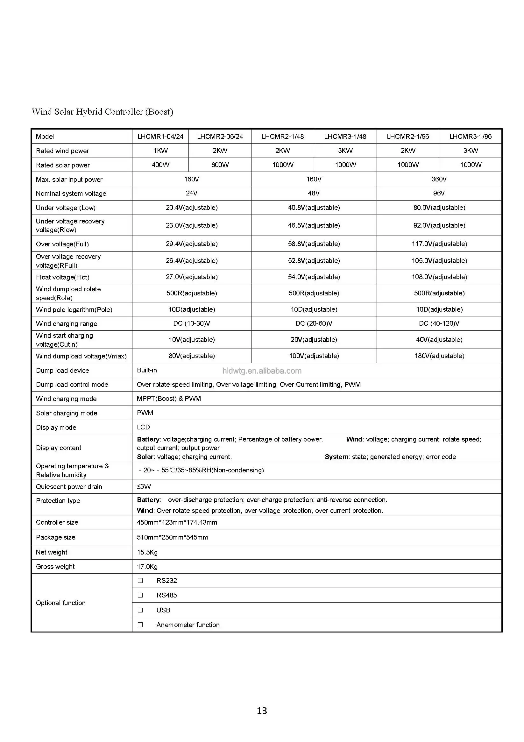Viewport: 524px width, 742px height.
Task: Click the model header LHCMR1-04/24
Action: tap(160, 136)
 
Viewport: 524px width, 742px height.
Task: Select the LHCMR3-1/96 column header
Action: tap(470, 136)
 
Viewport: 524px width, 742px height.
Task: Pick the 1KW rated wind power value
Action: tap(160, 151)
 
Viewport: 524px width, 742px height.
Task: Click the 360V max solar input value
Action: tap(439, 179)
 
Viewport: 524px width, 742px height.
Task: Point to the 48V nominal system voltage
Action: tap(314, 193)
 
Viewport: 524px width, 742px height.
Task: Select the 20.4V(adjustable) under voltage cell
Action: tap(192, 208)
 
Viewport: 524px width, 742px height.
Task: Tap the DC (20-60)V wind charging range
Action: tap(314, 323)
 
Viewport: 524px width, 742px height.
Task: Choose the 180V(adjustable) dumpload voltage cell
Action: tap(439, 356)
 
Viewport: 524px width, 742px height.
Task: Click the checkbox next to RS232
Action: tap(140, 580)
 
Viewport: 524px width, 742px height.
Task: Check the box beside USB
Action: tap(140, 610)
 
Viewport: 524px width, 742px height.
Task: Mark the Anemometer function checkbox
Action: tap(140, 625)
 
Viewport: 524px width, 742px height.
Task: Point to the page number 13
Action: tap(262, 711)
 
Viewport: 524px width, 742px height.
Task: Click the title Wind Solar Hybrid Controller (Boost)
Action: tap(103, 112)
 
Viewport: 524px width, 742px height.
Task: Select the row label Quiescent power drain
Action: tap(69, 487)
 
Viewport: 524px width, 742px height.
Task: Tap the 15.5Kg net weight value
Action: tap(147, 552)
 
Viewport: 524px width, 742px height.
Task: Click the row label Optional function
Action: tap(61, 603)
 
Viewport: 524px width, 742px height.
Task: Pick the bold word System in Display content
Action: tap(336, 457)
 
